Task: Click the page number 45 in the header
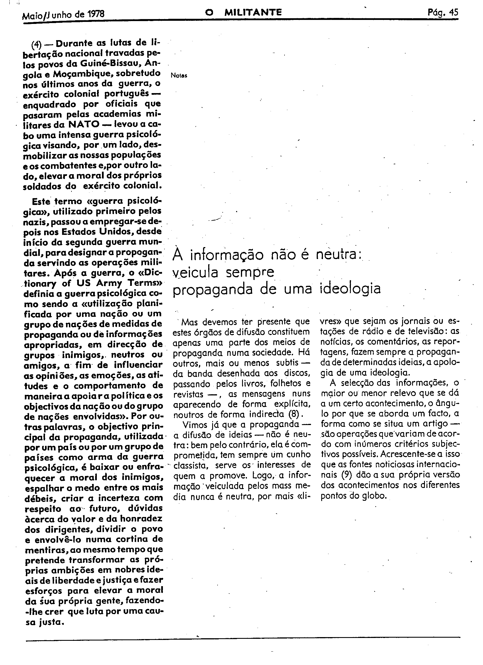(x=453, y=13)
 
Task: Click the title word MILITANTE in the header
(x=253, y=12)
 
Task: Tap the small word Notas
(x=179, y=75)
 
